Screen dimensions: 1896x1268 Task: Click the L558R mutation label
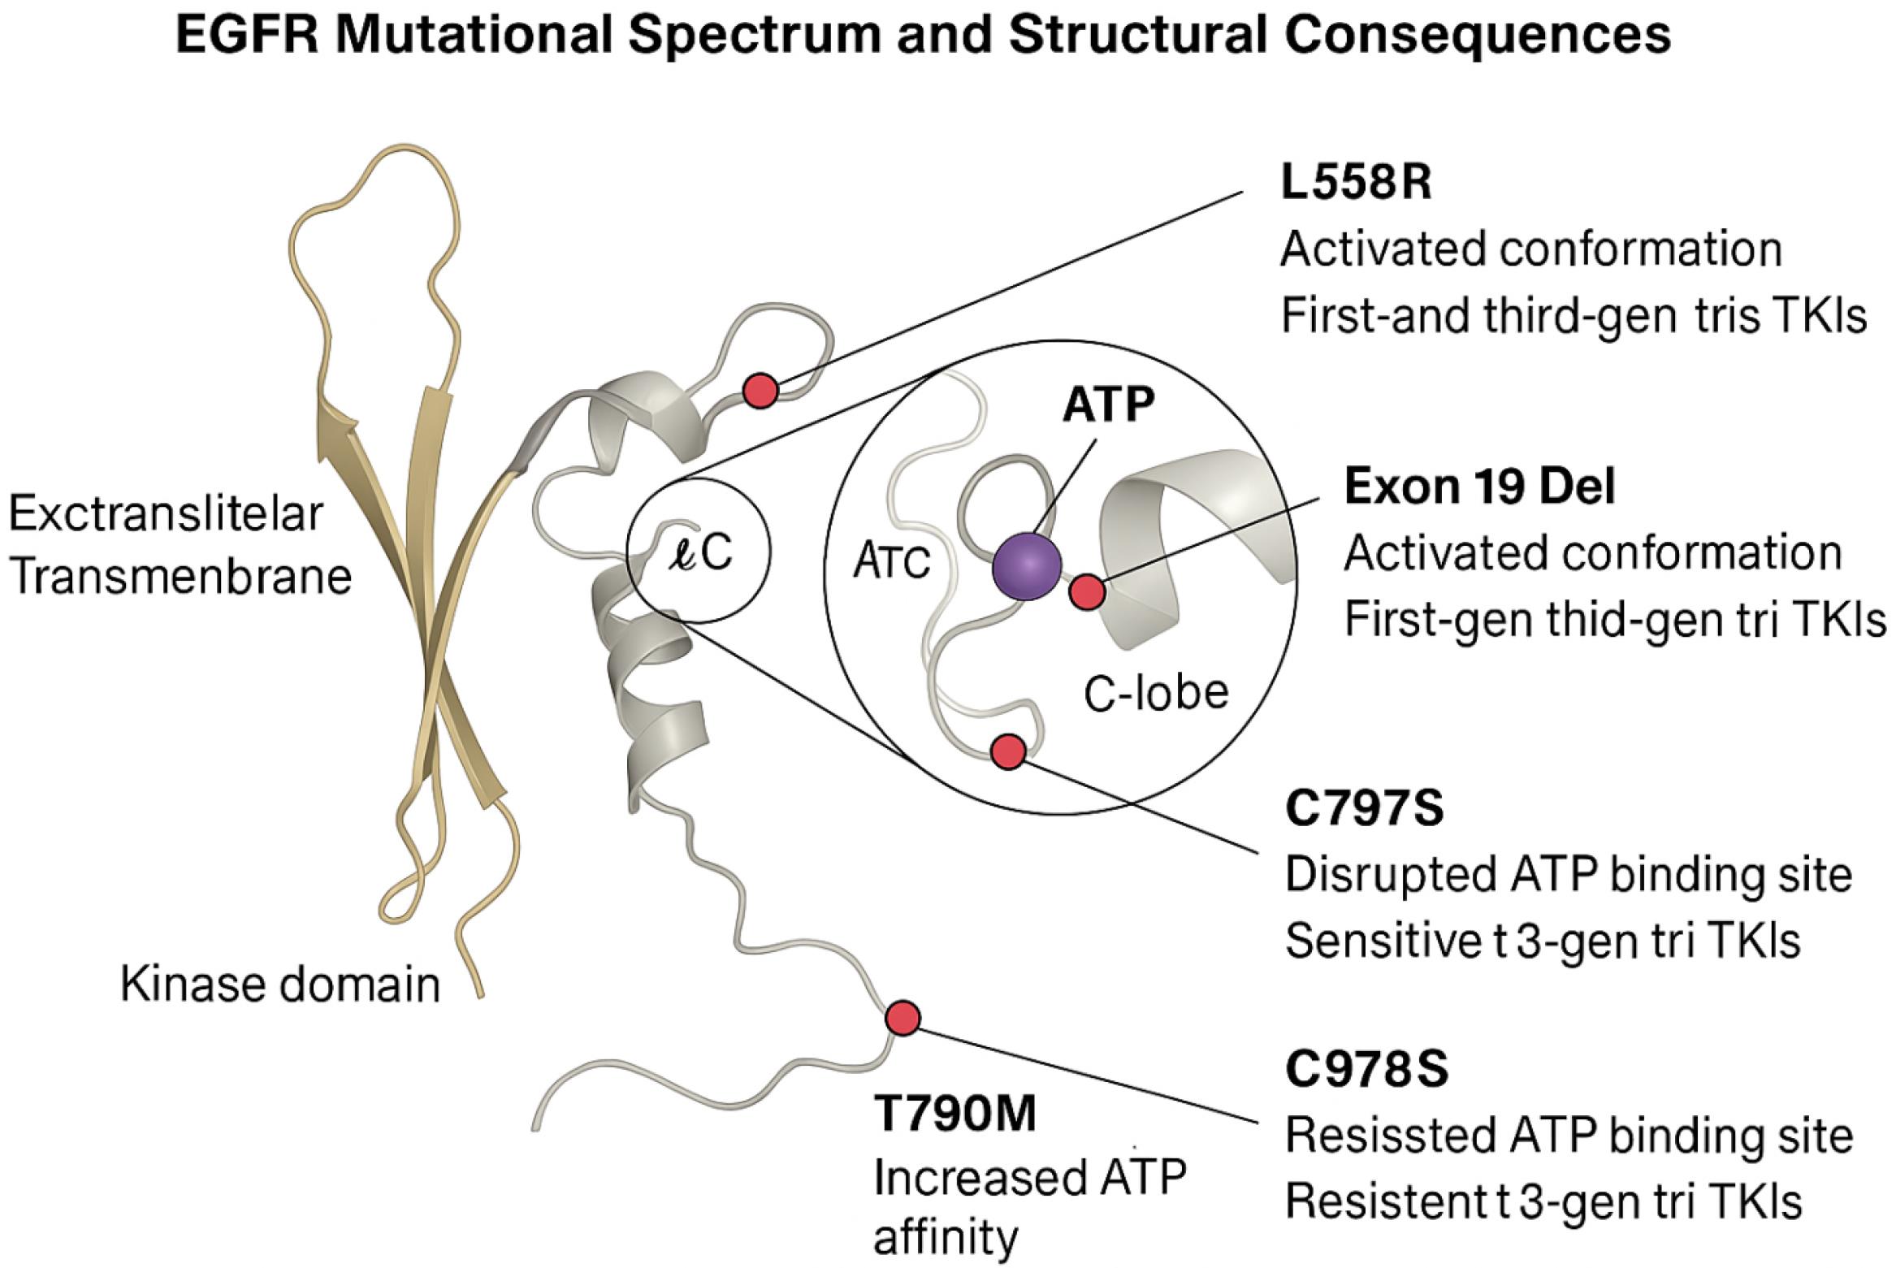pos(1356,184)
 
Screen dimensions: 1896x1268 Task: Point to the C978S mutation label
pos(1366,1070)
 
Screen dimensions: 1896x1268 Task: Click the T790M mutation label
pos(955,1114)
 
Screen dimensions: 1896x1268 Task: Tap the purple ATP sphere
pos(1028,566)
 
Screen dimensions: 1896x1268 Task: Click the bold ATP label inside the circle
pos(1109,405)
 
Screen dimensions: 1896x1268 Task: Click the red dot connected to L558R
pos(760,391)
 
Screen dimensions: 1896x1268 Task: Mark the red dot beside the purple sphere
pos(1087,591)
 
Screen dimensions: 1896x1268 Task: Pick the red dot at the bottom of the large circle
pos(1008,751)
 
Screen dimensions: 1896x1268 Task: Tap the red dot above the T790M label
pos(903,1018)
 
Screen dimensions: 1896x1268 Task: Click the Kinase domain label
pos(280,985)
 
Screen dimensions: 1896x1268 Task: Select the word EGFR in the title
pos(248,35)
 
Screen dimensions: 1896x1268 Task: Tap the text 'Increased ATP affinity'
pos(1030,1207)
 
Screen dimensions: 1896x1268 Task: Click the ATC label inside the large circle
pos(891,561)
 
